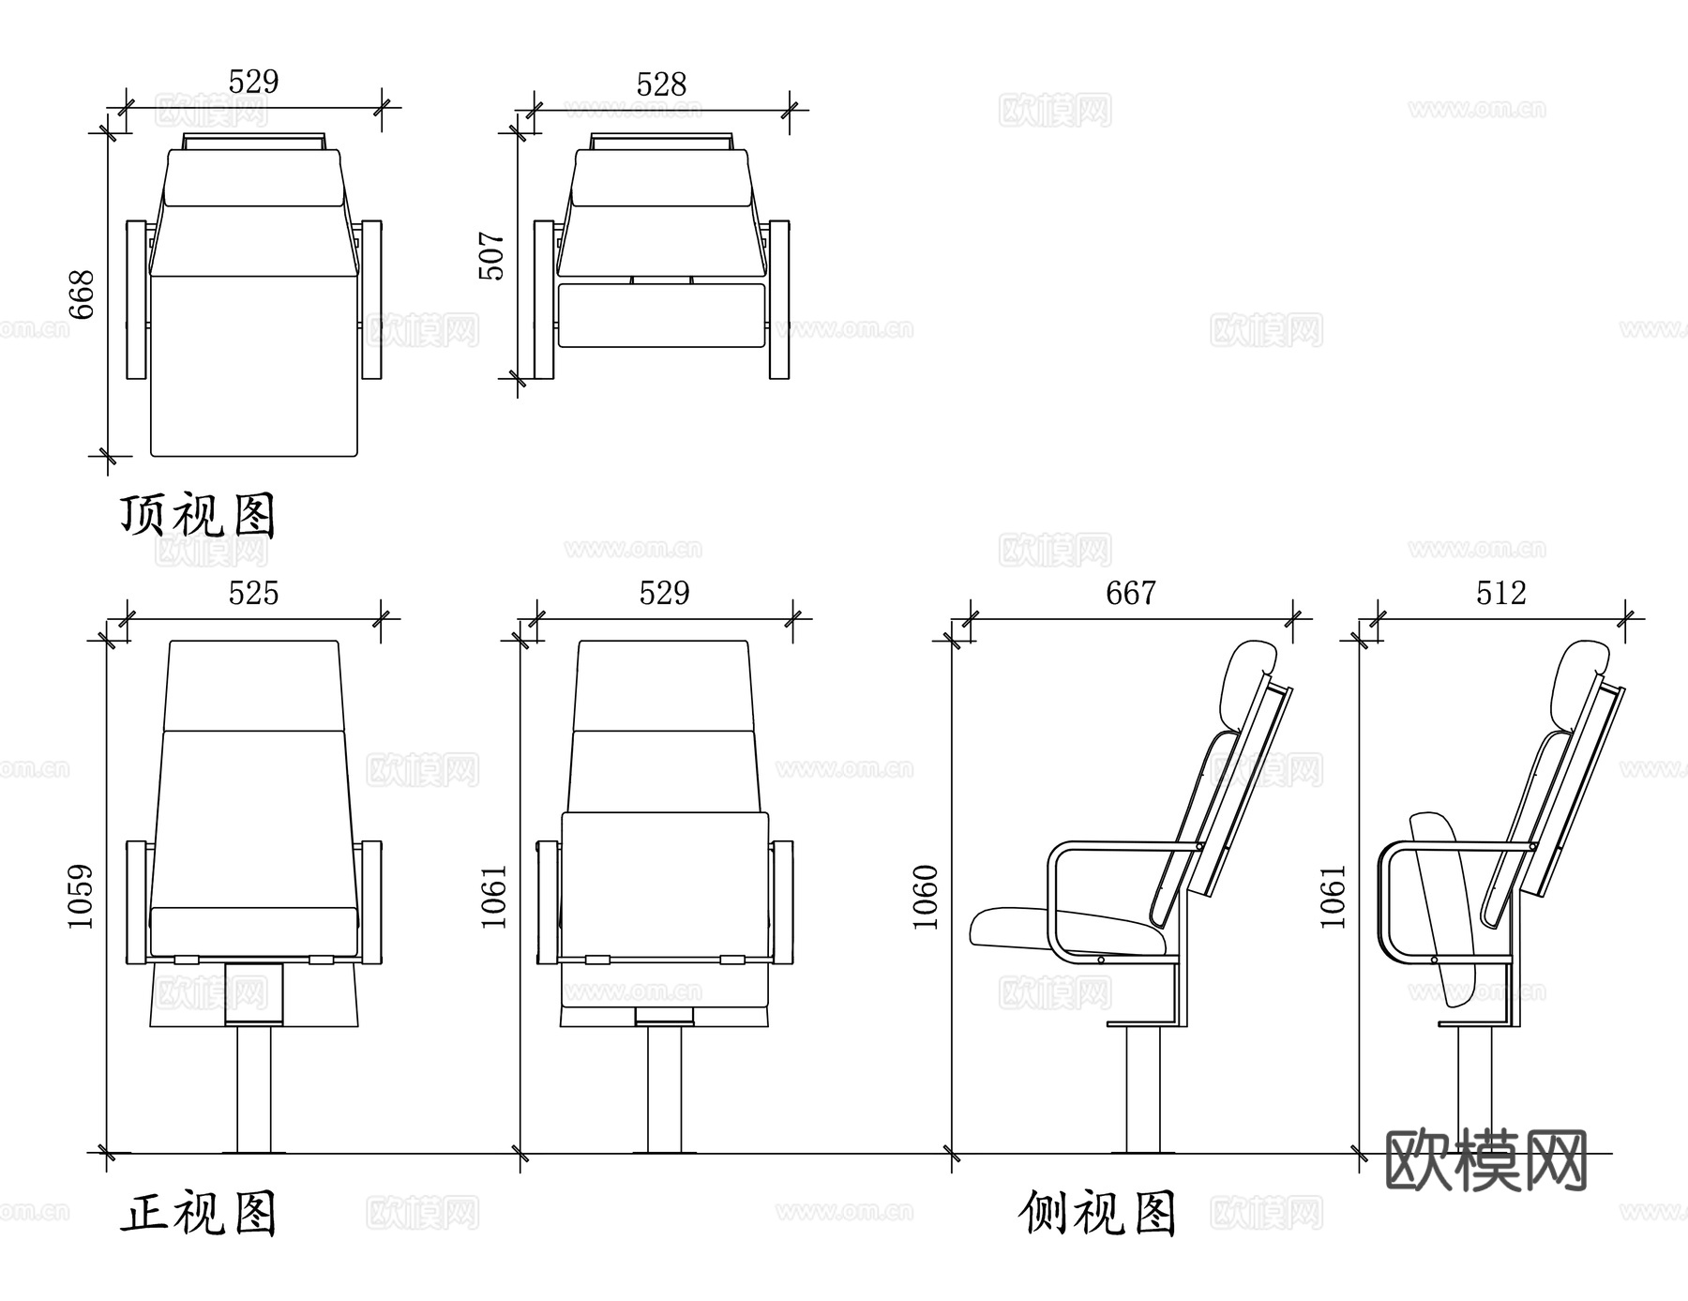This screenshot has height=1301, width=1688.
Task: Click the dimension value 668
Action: [83, 295]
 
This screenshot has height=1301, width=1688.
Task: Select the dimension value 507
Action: [491, 256]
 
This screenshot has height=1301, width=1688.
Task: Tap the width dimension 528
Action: [661, 84]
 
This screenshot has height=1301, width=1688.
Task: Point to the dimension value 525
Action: [253, 593]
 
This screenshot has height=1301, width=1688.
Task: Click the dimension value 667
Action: [1131, 593]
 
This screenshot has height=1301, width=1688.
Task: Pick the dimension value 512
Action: [1500, 593]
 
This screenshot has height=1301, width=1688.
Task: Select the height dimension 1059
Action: [82, 897]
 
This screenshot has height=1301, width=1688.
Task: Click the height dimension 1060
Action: [926, 897]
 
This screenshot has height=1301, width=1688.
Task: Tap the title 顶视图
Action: [198, 516]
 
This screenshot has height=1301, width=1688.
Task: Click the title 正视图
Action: [198, 1214]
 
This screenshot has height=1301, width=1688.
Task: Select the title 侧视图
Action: [1097, 1214]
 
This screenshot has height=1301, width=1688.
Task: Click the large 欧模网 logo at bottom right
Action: [1485, 1160]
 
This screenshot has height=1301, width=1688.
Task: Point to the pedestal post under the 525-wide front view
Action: [253, 1088]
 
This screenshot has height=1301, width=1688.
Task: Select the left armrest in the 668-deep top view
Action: [137, 299]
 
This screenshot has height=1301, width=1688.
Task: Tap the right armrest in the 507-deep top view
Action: [779, 299]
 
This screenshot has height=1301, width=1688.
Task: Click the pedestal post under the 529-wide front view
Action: [664, 1088]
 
